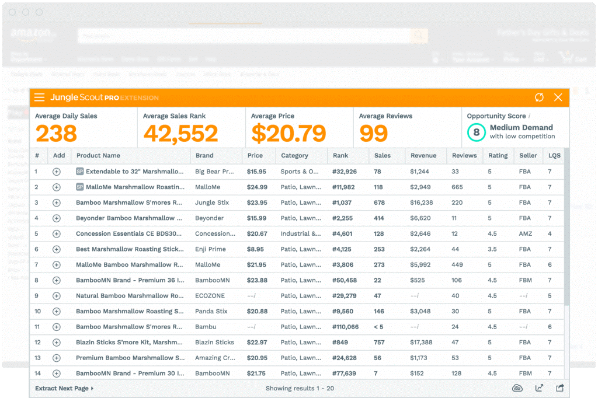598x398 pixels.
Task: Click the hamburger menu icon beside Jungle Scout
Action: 39,97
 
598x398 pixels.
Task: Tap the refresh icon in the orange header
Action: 539,97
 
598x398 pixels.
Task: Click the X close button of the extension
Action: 558,97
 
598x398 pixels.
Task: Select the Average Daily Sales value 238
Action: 56,134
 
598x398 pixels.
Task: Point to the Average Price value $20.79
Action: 288,134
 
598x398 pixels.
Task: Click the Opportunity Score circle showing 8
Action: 476,132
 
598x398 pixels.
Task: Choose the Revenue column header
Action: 423,156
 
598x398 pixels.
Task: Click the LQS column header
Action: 553,156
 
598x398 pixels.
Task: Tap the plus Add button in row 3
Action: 57,203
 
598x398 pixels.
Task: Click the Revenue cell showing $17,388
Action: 421,343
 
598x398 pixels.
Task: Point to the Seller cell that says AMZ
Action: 525,233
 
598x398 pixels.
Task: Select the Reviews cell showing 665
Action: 457,187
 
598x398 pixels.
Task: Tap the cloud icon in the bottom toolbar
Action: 517,388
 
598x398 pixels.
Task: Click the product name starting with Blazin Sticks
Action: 130,343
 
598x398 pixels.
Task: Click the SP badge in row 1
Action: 80,172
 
